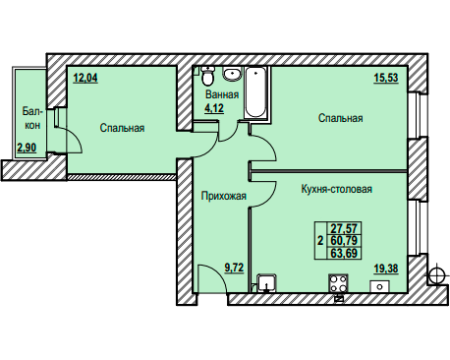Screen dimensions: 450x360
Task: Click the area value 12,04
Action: tap(85, 79)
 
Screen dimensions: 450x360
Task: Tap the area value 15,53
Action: tap(386, 78)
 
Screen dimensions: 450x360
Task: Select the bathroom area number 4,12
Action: tap(214, 108)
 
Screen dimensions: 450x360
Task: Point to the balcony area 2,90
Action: tap(27, 148)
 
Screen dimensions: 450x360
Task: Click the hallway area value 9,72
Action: tap(234, 268)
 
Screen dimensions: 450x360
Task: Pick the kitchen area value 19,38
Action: tap(386, 269)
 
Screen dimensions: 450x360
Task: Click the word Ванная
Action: tap(222, 94)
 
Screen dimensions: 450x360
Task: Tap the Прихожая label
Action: tap(224, 196)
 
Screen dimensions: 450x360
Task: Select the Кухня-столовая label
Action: tap(337, 189)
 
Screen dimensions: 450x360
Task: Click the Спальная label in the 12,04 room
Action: tap(122, 128)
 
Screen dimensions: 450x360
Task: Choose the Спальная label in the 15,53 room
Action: tap(341, 118)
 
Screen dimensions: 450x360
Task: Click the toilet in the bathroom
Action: tap(207, 76)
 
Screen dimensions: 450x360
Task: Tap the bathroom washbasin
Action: tap(232, 74)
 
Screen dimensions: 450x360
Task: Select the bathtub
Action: tap(255, 92)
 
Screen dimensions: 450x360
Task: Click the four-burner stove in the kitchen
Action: tap(338, 283)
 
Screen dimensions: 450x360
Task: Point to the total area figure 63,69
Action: tap(344, 253)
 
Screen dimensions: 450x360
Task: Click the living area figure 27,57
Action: tap(344, 228)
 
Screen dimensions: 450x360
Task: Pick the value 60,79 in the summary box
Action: tap(344, 240)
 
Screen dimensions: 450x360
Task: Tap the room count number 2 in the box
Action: tap(320, 241)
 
